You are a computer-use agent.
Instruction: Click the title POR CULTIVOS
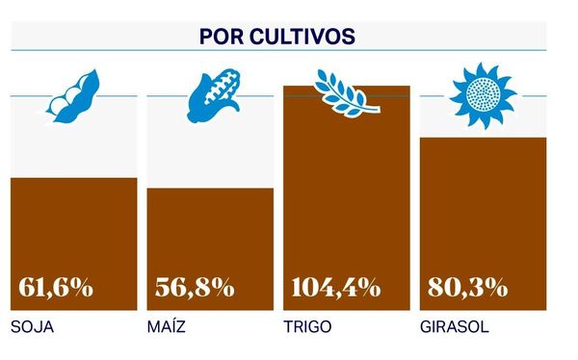click(277, 36)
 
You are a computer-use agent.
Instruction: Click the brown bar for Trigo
click(346, 193)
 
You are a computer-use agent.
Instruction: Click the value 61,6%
click(56, 287)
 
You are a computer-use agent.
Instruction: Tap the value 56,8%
click(195, 287)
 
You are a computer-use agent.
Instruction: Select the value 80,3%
click(467, 287)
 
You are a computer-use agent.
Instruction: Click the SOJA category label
click(32, 327)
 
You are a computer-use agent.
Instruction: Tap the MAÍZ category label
click(166, 327)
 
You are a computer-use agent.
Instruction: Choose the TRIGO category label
click(307, 327)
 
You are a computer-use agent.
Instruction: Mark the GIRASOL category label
click(454, 327)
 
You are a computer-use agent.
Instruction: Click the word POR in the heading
click(219, 36)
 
